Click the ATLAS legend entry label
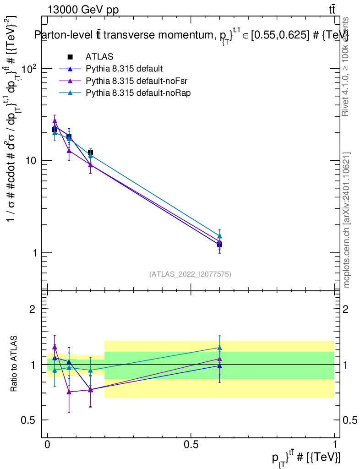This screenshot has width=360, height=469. click(99, 57)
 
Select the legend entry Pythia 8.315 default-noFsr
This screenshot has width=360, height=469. click(128, 81)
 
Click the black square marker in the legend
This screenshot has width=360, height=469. click(70, 57)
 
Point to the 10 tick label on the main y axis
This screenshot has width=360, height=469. click(30, 161)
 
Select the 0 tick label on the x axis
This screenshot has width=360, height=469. click(48, 445)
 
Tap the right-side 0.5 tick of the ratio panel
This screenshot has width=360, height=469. click(350, 420)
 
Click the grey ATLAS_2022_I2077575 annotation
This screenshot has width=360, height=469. click(190, 274)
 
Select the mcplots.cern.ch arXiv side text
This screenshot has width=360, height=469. click(347, 220)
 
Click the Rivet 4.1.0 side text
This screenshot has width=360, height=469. click(347, 66)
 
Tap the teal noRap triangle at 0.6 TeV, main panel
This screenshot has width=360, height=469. click(220, 236)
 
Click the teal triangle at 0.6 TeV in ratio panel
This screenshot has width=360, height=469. click(220, 348)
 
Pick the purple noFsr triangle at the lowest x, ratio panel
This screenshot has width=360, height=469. click(55, 347)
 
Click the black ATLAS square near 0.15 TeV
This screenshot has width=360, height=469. click(91, 152)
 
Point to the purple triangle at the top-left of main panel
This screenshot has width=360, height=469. click(55, 121)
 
